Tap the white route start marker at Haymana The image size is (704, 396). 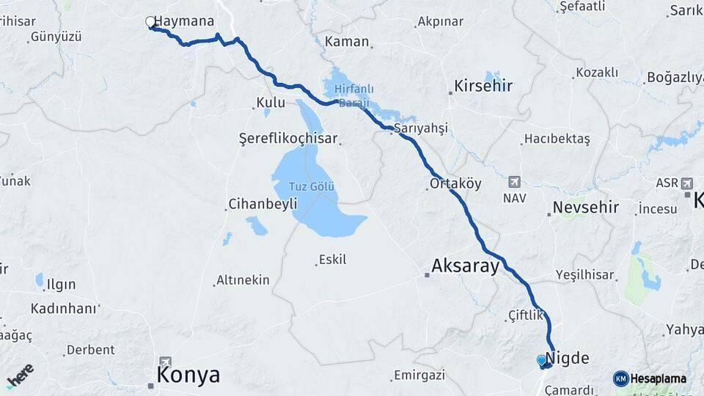click(x=150, y=22)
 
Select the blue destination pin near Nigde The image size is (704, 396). click(x=542, y=360)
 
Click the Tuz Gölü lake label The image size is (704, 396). click(x=312, y=186)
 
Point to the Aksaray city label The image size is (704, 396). click(x=465, y=265)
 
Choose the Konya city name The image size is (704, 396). click(x=188, y=375)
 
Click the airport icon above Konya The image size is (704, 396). click(x=165, y=361)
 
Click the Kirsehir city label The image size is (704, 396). click(x=483, y=86)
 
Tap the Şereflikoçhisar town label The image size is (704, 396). click(x=288, y=138)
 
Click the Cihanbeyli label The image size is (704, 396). click(x=262, y=203)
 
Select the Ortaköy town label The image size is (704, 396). click(x=455, y=183)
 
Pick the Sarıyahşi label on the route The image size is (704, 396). click(x=420, y=128)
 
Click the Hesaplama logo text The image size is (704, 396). click(x=658, y=378)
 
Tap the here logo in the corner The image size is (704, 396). click(x=20, y=374)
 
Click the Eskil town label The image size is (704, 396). click(x=331, y=259)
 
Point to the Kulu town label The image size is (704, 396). click(x=271, y=102)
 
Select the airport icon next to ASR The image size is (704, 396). click(x=687, y=183)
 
